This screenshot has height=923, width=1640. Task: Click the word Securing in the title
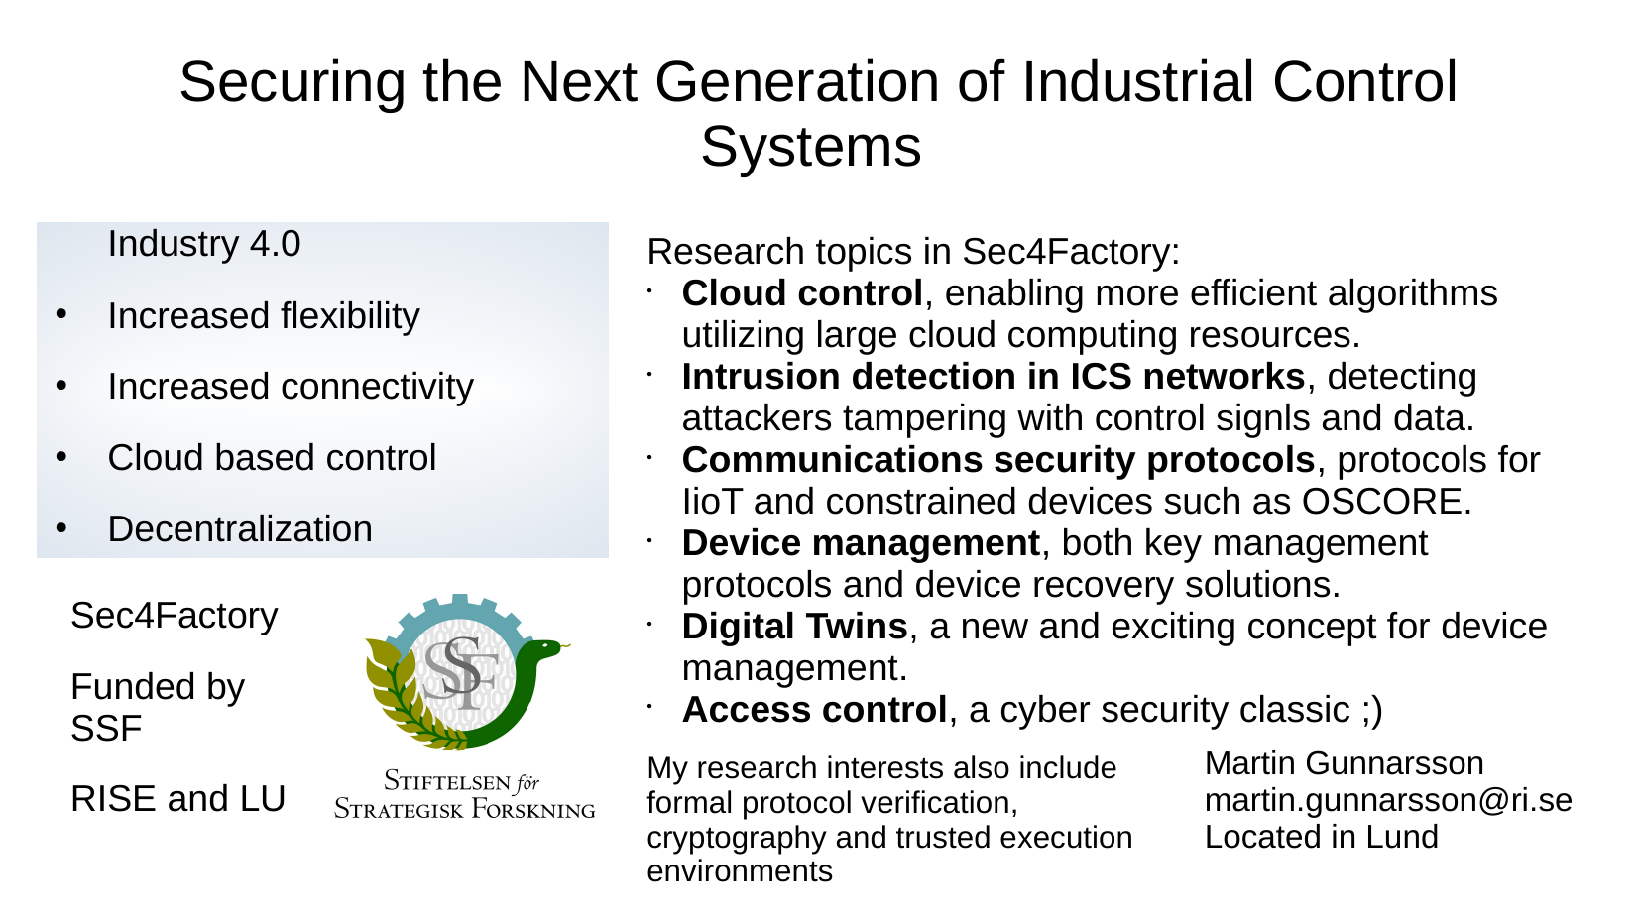tap(293, 82)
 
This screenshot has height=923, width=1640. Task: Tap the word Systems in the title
tap(810, 147)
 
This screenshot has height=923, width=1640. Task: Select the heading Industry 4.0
tap(204, 244)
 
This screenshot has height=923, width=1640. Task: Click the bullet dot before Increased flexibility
tap(61, 314)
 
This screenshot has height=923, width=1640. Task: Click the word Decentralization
tap(240, 529)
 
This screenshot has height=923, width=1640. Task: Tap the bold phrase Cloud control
tap(802, 293)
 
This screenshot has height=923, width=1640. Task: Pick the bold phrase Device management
tap(861, 544)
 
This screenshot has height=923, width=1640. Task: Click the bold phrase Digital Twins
tap(794, 627)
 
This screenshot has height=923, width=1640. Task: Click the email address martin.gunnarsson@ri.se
tap(1388, 800)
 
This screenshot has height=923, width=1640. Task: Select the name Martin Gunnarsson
tap(1345, 763)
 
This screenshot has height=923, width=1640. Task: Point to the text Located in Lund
tap(1322, 837)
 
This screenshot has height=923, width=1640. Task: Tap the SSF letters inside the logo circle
tap(461, 673)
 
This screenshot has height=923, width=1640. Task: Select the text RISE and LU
tap(177, 798)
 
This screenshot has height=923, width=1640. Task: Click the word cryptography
tap(736, 838)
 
